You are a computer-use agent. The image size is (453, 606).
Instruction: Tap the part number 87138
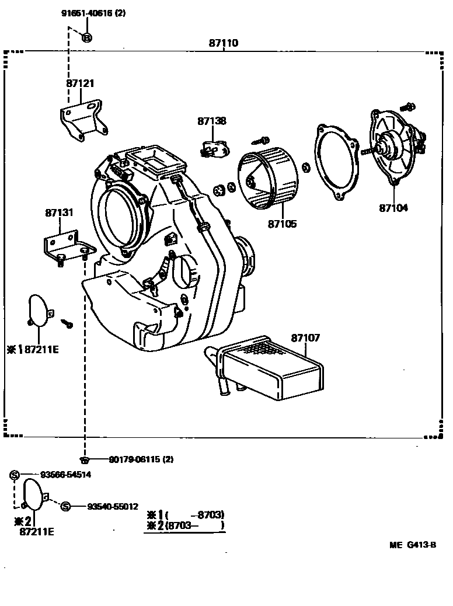pyautogui.click(x=211, y=121)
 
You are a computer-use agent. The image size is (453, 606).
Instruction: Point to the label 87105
pyautogui.click(x=282, y=224)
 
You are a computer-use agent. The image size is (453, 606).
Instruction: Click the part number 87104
pyautogui.click(x=393, y=208)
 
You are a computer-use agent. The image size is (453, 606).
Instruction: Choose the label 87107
pyautogui.click(x=305, y=338)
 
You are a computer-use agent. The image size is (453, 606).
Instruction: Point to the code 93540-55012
pyautogui.click(x=113, y=506)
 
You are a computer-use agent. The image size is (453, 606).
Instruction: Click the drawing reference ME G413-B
pyautogui.click(x=413, y=545)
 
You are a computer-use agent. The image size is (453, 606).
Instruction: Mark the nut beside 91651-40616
pyautogui.click(x=86, y=39)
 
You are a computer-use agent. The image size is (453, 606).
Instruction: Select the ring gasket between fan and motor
pyautogui.click(x=335, y=159)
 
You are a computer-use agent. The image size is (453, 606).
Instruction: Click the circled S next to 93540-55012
pyautogui.click(x=66, y=506)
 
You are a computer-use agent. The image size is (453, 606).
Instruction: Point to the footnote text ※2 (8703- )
pyautogui.click(x=186, y=525)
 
